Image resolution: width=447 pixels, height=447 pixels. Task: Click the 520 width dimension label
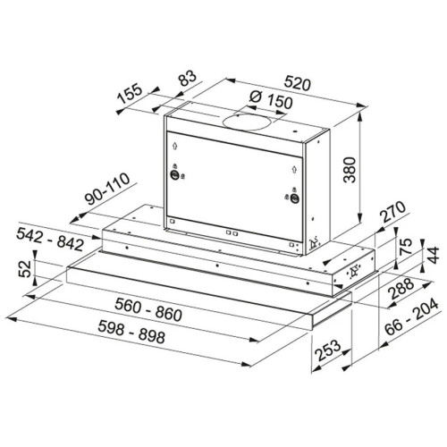click(x=297, y=83)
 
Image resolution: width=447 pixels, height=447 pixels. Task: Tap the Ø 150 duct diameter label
click(x=270, y=99)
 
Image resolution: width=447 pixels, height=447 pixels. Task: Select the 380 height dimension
click(x=350, y=170)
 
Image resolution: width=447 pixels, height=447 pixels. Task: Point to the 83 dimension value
click(x=188, y=78)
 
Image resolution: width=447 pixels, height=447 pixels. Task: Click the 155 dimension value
click(x=130, y=94)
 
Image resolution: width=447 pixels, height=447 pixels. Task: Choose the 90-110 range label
click(x=107, y=189)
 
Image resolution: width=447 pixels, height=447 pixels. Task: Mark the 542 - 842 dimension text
click(x=50, y=239)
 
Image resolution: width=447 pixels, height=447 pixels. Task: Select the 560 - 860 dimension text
click(x=148, y=310)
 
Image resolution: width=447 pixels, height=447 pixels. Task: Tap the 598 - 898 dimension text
click(x=131, y=332)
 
